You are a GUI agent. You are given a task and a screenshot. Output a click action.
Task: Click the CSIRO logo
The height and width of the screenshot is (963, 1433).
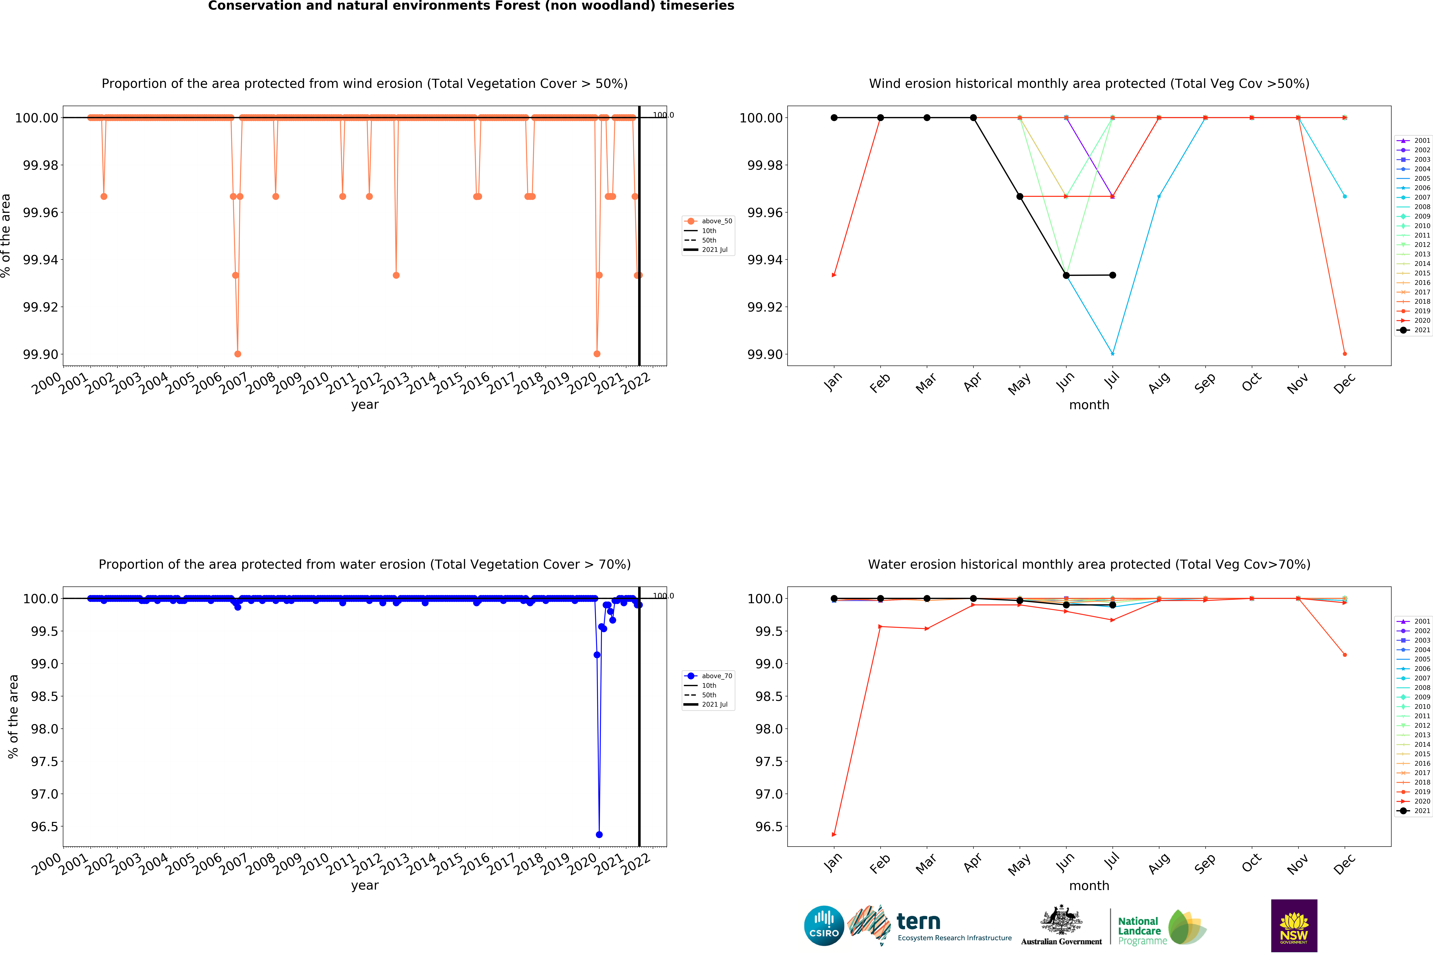(x=824, y=925)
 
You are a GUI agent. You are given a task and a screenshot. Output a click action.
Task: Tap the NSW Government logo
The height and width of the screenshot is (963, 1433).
(x=1294, y=925)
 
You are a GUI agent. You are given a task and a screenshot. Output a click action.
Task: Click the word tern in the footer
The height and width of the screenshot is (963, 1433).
(x=918, y=921)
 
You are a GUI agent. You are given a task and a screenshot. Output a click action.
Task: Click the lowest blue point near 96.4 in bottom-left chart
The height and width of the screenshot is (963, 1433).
(x=599, y=835)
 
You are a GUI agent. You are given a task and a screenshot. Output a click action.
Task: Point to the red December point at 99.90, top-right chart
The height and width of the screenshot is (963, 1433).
(x=1345, y=354)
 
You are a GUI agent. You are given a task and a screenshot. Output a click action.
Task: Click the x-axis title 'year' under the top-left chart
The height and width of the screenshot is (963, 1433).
(x=365, y=405)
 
